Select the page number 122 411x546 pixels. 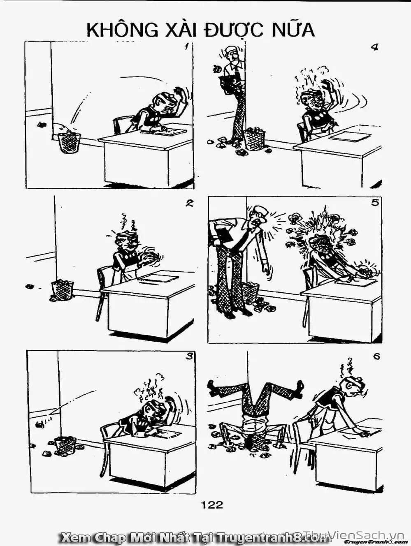point(212,504)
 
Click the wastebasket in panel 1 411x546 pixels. point(69,142)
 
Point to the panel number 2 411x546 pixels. point(189,203)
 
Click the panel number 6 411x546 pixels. point(376,356)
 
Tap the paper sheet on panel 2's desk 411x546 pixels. point(158,278)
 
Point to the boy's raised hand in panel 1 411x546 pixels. point(180,95)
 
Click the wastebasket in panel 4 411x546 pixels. point(255,140)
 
